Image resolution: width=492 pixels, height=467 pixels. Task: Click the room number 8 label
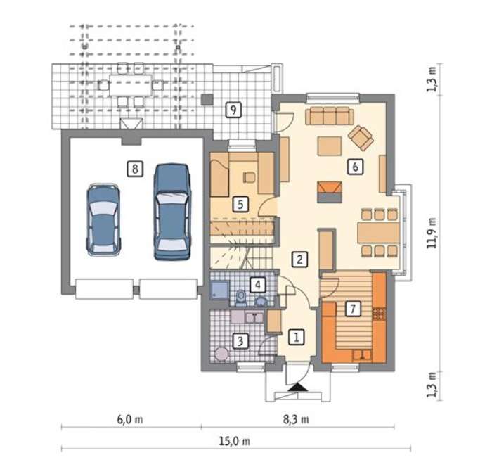click(x=135, y=169)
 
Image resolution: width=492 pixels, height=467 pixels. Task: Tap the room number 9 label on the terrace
click(x=233, y=110)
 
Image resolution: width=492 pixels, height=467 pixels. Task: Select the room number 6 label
click(x=355, y=167)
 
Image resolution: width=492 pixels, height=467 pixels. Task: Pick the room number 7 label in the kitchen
click(x=353, y=308)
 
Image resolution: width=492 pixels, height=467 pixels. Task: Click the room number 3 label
click(x=240, y=340)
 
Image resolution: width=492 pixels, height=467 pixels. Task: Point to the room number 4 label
click(x=258, y=285)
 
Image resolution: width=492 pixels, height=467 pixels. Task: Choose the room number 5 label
click(x=240, y=204)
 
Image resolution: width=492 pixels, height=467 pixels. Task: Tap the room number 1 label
click(x=296, y=337)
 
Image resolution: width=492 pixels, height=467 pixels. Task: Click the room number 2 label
click(x=299, y=260)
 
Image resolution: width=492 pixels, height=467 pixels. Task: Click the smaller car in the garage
click(x=104, y=219)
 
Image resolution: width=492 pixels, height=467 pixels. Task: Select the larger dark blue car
click(x=172, y=212)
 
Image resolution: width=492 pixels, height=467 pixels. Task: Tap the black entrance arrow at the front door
click(x=297, y=388)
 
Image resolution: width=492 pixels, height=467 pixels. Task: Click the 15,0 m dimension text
click(x=235, y=441)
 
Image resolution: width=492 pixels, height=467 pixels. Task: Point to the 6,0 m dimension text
click(x=130, y=419)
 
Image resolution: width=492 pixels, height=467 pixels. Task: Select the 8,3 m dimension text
click(x=296, y=419)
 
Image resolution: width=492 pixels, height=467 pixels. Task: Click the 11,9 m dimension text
click(x=432, y=233)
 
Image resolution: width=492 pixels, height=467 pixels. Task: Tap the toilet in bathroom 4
click(x=241, y=298)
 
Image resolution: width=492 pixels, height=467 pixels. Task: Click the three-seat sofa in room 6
click(x=330, y=115)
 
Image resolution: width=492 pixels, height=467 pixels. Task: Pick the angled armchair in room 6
click(x=361, y=138)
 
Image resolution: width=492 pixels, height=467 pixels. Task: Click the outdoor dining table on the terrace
click(x=131, y=85)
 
